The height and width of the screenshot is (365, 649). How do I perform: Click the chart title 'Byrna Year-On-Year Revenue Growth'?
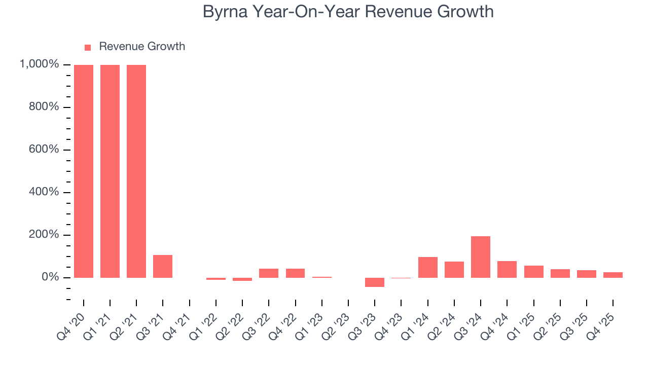point(348,12)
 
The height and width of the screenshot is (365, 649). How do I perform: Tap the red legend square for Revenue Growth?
point(88,47)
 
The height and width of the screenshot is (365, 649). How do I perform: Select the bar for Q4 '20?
point(84,171)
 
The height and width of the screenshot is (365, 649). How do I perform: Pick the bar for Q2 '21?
point(136,171)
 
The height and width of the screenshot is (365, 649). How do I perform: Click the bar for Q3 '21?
point(163,266)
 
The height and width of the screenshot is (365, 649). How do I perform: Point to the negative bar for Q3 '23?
point(375,282)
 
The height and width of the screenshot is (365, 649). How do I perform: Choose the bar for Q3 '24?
point(481,257)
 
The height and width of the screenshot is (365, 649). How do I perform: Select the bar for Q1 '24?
point(427,267)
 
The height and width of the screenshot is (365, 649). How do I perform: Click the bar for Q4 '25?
point(613,275)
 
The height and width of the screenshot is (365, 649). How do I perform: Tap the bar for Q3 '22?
point(269,273)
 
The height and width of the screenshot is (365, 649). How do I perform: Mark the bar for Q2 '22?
point(242,279)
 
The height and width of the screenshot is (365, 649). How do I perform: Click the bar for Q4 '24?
point(507,269)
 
